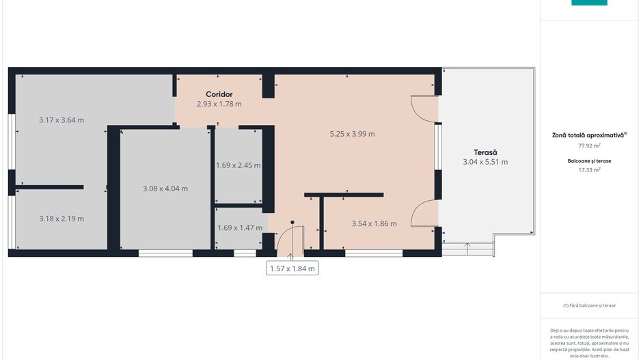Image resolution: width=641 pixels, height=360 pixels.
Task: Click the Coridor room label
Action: pyautogui.click(x=219, y=94)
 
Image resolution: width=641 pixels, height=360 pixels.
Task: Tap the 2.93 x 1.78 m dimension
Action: pyautogui.click(x=219, y=104)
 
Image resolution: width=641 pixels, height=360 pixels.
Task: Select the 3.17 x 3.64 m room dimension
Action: pyautogui.click(x=62, y=120)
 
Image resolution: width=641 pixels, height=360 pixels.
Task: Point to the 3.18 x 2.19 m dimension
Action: pyautogui.click(x=62, y=219)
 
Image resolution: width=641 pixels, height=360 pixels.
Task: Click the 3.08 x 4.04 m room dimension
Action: pyautogui.click(x=165, y=189)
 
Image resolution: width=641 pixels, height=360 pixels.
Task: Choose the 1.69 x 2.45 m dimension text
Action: pyautogui.click(x=238, y=165)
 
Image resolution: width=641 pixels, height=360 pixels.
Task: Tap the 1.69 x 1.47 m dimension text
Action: pyautogui.click(x=239, y=228)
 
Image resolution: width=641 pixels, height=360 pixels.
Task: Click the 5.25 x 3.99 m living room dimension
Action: pyautogui.click(x=352, y=134)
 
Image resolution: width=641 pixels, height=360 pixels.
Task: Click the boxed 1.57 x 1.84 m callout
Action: pyautogui.click(x=292, y=268)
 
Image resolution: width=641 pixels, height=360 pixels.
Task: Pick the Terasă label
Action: pyautogui.click(x=485, y=152)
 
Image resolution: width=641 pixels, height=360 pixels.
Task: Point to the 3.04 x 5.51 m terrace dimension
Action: pyautogui.click(x=485, y=162)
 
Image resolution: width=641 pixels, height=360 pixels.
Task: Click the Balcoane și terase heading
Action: pyautogui.click(x=589, y=161)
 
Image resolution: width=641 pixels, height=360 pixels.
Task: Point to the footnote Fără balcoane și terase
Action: pyautogui.click(x=589, y=305)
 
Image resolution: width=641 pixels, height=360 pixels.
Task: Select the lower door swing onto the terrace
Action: pyautogui.click(x=424, y=212)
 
